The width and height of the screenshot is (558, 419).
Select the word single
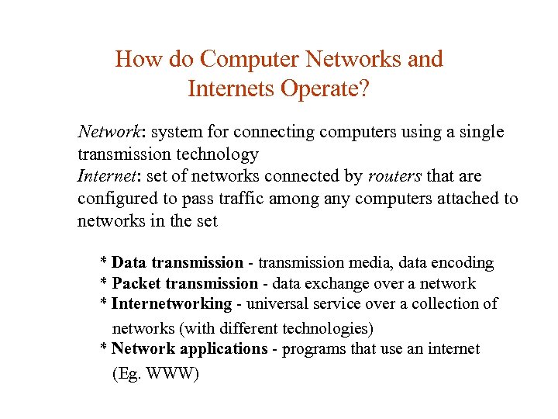pyautogui.click(x=480, y=132)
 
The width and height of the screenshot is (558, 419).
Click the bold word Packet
pyautogui.click(x=136, y=284)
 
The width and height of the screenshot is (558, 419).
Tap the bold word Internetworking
pyautogui.click(x=172, y=304)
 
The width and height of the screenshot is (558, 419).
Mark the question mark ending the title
pyautogui.click(x=364, y=89)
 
